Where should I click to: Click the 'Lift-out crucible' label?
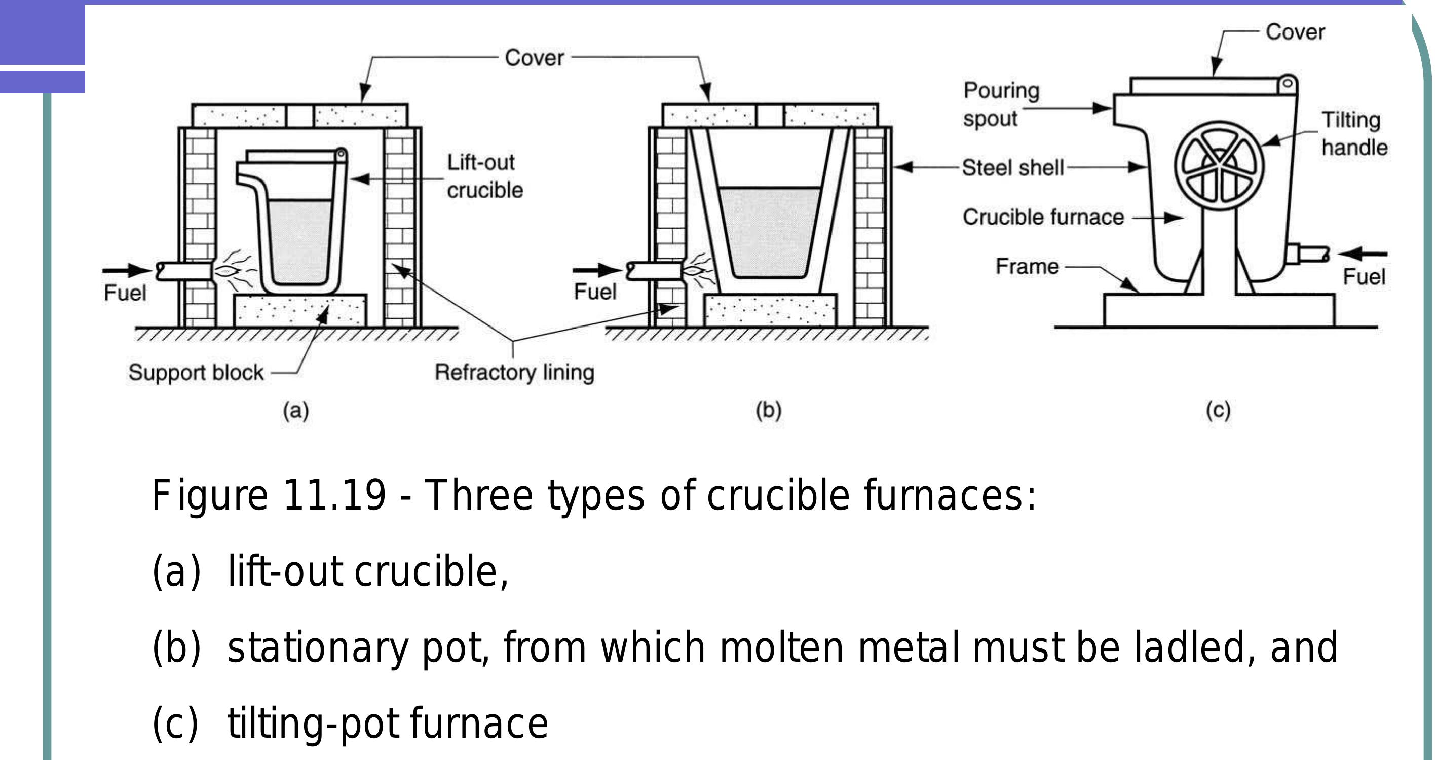484,176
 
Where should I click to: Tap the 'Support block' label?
196,373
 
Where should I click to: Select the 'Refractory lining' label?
514,372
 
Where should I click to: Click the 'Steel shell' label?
1012,167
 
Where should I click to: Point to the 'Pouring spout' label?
1001,104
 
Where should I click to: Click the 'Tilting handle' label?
1354,134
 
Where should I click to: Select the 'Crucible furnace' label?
1043,217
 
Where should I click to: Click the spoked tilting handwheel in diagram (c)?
1219,166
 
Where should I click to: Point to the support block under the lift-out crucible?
299,311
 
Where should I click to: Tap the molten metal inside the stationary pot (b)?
769,232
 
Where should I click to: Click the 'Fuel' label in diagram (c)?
1364,277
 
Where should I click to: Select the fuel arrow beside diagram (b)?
596,271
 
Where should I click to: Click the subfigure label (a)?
295,411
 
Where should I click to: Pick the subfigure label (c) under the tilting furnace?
1218,411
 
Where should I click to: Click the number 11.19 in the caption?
334,494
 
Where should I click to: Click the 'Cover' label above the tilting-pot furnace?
1295,32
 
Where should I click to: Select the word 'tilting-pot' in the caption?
313,723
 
